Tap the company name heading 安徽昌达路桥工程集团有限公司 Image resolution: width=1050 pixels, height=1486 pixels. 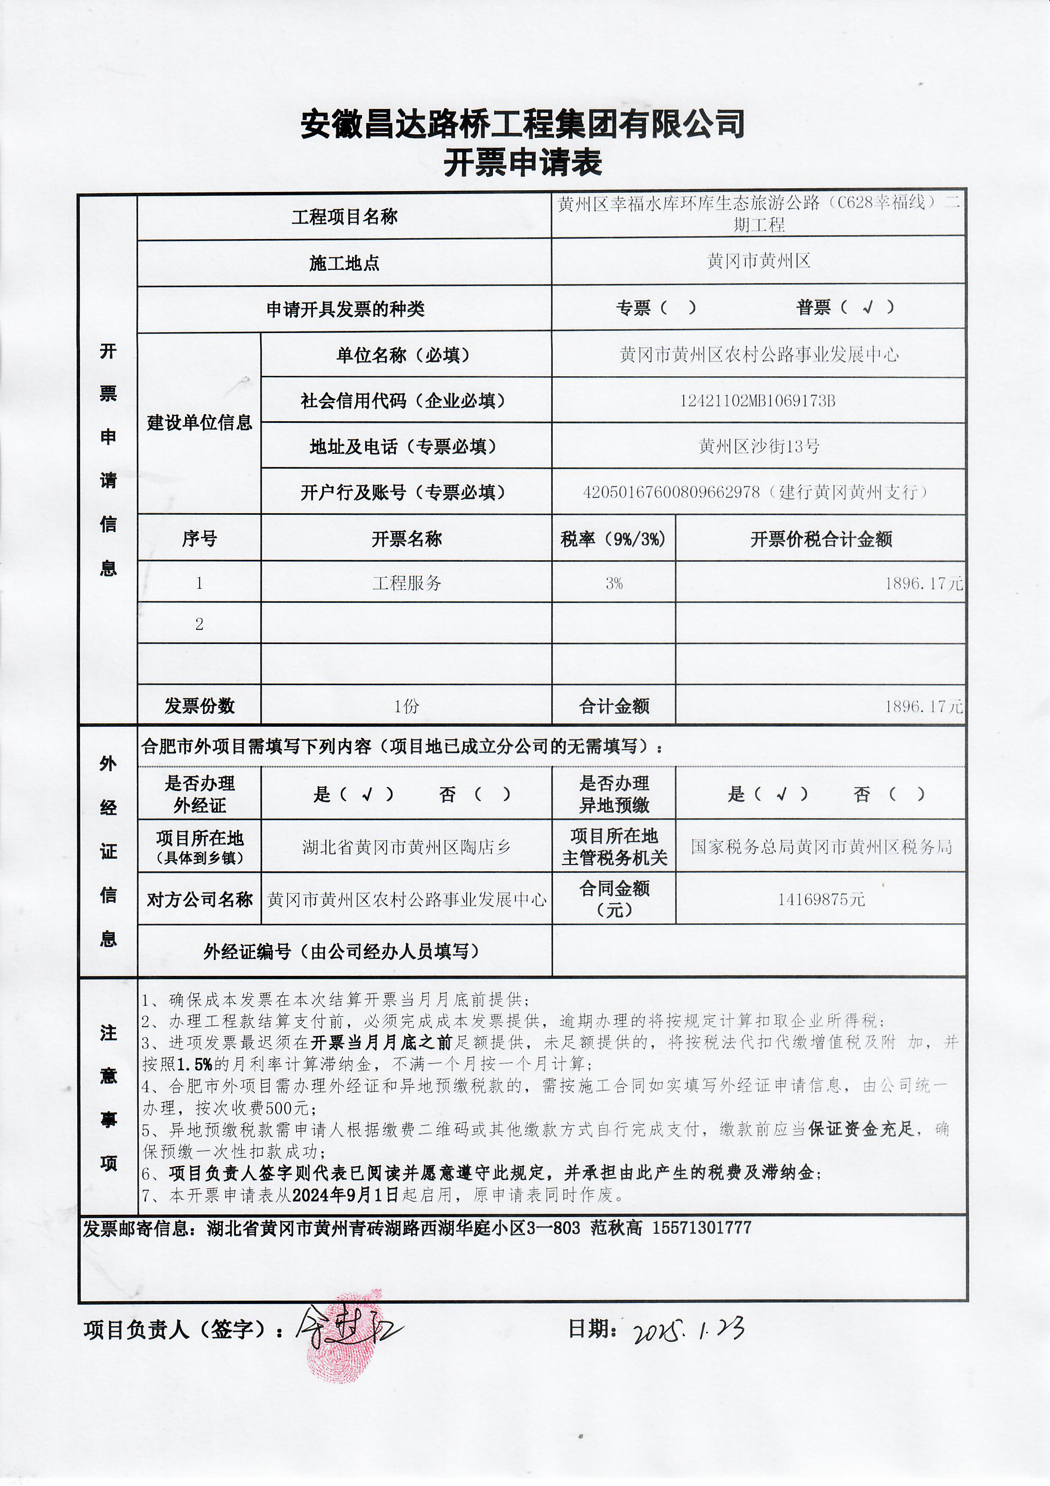523,124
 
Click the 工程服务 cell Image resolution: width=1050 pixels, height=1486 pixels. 406,583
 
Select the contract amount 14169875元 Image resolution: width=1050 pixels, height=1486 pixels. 821,899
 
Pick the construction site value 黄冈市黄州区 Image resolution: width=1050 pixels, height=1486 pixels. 758,261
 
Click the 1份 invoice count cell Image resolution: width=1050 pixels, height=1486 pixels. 406,706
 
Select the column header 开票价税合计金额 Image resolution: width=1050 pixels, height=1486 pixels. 820,539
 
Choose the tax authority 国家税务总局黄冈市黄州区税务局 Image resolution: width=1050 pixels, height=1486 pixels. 821,847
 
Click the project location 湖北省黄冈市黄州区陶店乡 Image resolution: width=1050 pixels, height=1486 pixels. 406,847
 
